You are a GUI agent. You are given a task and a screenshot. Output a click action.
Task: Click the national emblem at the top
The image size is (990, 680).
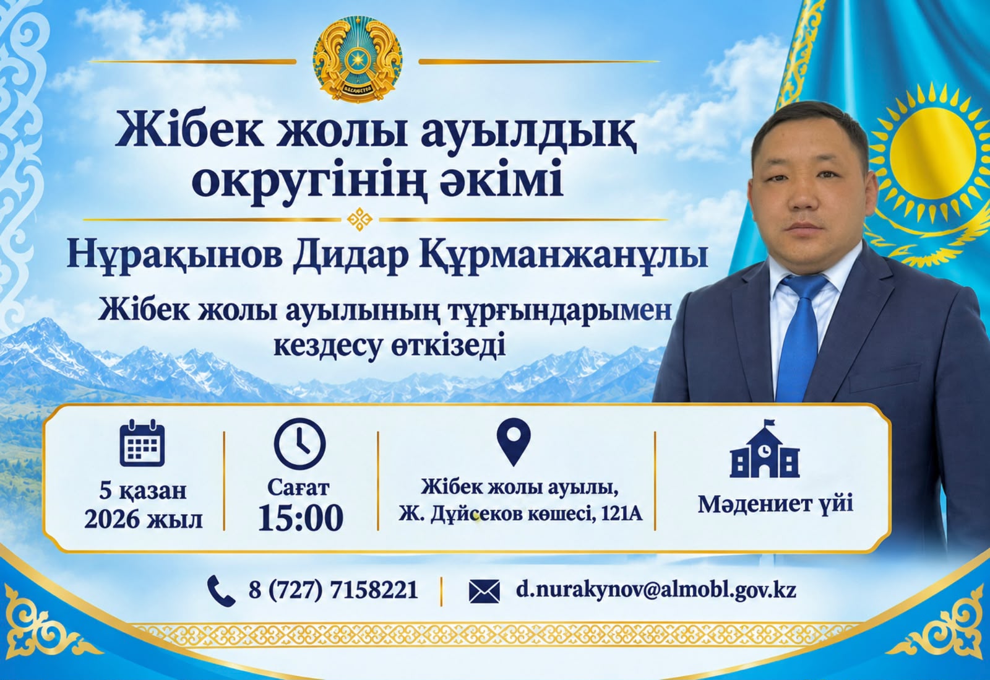click(x=358, y=59)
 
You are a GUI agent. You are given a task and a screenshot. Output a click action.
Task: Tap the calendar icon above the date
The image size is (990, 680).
click(x=142, y=443)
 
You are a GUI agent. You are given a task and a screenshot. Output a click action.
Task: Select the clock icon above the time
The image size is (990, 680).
click(x=299, y=444)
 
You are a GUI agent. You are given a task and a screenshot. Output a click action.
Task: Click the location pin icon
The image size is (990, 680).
click(x=513, y=442)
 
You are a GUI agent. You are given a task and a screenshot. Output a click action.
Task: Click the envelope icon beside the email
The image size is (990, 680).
click(x=484, y=591)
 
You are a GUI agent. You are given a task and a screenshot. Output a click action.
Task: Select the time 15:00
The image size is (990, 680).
click(x=301, y=517)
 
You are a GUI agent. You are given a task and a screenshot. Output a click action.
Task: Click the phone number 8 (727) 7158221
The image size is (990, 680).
click(x=334, y=590)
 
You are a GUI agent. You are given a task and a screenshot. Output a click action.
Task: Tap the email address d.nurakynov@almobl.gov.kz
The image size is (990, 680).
click(x=656, y=590)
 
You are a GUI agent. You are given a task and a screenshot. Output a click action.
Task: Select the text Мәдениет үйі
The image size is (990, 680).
click(x=776, y=504)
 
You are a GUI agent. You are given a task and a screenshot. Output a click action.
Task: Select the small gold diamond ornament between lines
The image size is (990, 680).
click(x=359, y=219)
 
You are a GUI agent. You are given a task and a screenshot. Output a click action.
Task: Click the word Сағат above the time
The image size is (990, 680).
click(x=298, y=488)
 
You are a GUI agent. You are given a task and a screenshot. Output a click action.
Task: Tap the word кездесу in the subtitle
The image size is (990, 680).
click(x=327, y=347)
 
